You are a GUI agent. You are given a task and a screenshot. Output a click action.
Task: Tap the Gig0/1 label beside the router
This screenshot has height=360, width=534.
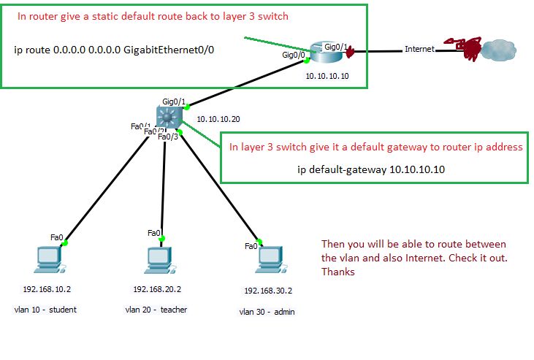pos(335,46)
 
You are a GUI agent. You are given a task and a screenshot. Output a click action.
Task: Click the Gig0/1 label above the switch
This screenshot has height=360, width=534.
pos(174,101)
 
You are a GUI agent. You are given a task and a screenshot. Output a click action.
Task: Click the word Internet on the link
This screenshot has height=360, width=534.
pos(419,49)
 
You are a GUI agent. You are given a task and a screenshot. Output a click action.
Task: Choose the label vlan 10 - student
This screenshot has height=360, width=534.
pos(45,310)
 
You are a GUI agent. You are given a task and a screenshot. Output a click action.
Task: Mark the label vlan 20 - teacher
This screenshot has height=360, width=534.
pos(156,310)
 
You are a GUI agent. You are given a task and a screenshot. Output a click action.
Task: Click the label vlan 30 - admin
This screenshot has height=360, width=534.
pos(267,312)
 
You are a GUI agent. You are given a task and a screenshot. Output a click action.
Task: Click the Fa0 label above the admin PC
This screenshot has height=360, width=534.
pos(251,246)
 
